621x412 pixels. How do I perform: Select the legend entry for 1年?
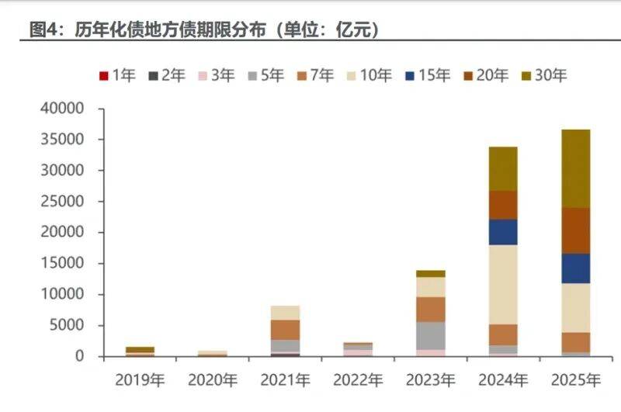(117, 75)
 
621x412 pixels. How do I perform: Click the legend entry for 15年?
(427, 75)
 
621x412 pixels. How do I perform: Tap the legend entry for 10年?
(368, 75)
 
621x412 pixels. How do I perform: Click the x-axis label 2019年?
(139, 380)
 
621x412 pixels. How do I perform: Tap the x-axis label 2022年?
(358, 380)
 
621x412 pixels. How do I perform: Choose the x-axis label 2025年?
(575, 380)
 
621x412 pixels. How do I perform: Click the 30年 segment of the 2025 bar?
(575, 168)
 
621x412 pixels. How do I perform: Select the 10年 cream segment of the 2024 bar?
(502, 284)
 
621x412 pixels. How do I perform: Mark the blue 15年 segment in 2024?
(502, 232)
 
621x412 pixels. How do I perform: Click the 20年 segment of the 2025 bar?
(575, 230)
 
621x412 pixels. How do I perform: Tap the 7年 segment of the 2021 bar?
(285, 330)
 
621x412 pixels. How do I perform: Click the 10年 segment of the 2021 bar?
(285, 313)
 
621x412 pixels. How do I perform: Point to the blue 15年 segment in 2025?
(575, 268)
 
